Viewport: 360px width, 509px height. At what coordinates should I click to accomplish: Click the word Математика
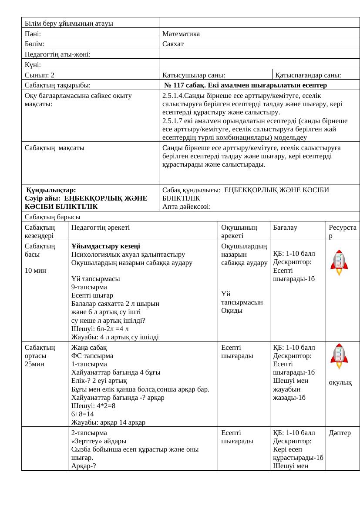coord(181,33)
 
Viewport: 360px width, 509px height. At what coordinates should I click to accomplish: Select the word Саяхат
coord(173,44)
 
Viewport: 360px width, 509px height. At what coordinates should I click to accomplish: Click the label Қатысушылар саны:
coord(193,75)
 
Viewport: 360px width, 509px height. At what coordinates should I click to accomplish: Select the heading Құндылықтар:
coord(51,190)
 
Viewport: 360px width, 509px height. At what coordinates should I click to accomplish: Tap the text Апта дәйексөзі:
coord(186,207)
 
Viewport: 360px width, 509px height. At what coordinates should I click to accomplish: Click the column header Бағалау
coord(285,227)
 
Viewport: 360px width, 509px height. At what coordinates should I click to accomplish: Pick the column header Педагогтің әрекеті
coord(101,227)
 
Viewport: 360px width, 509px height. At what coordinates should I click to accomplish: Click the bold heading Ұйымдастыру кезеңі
coord(106,246)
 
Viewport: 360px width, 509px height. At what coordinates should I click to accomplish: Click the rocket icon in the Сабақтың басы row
coord(339,262)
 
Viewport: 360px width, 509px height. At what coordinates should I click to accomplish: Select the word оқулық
coord(340,382)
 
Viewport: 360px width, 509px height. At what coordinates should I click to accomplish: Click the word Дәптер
coord(340,433)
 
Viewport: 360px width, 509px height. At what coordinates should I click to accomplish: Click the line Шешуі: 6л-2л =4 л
coord(100,328)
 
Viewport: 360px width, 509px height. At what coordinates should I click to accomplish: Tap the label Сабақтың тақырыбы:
coord(57,85)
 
